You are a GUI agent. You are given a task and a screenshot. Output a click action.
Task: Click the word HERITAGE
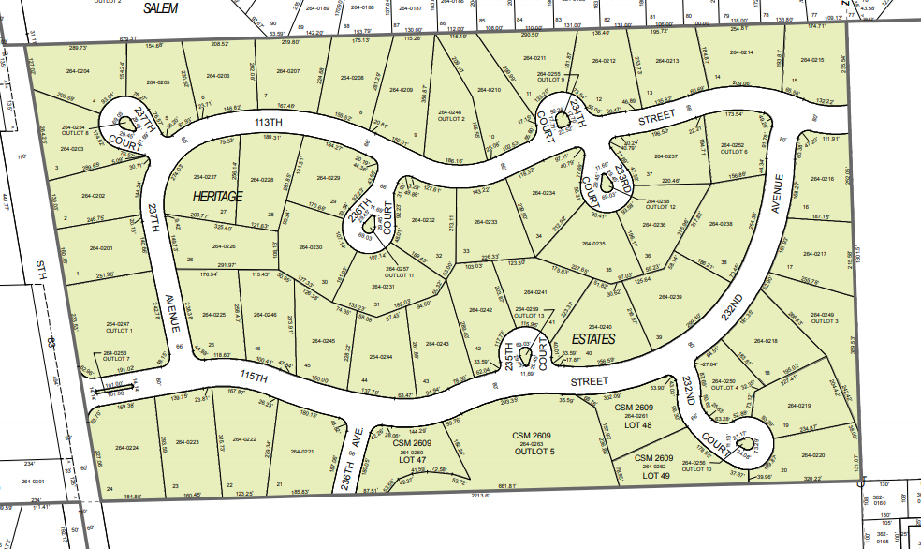tap(217, 196)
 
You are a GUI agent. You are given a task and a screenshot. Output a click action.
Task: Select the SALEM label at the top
tap(162, 7)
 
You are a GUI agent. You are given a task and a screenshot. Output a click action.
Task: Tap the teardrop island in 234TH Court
tap(560, 117)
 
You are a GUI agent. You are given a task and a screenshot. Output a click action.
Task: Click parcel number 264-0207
tap(287, 71)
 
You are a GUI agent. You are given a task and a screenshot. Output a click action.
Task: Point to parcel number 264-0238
tap(721, 224)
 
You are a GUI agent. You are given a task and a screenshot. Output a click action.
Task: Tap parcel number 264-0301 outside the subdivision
tap(32, 482)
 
